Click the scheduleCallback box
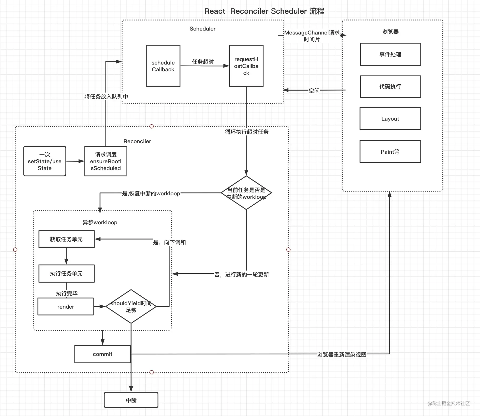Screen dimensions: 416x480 163,66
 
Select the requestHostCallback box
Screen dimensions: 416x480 246,66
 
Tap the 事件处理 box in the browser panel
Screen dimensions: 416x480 390,54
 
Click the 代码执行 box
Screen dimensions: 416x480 390,87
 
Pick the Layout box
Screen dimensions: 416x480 390,118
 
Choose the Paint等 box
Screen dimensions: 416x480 390,152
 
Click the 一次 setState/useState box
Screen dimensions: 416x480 45,161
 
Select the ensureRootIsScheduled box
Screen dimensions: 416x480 106,161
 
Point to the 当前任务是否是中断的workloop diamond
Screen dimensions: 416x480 246,193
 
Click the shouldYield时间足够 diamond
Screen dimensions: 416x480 131,306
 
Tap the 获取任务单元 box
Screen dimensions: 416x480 66,239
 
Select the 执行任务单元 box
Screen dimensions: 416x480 66,274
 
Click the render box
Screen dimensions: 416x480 66,306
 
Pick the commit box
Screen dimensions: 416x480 103,354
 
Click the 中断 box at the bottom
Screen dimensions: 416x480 131,400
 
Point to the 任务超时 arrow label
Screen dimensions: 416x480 203,62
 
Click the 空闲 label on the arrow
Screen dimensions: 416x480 314,91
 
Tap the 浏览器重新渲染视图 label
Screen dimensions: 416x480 342,355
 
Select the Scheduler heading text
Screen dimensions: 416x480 202,29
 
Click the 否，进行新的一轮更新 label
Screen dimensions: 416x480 242,275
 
